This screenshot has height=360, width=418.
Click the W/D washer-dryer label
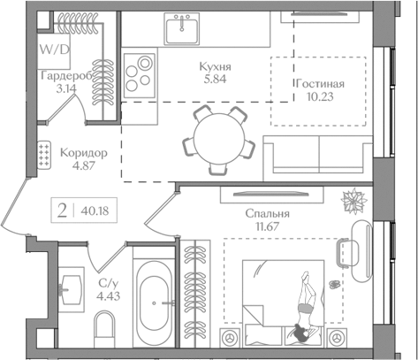click(55, 50)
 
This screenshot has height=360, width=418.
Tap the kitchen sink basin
click(182, 28)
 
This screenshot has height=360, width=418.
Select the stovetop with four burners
click(140, 75)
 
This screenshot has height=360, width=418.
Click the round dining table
click(219, 138)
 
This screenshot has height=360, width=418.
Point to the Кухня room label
click(216, 66)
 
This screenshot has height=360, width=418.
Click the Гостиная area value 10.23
click(320, 96)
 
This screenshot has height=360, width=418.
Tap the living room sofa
click(318, 158)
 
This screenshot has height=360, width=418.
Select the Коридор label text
click(84, 153)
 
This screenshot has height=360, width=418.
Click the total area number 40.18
click(95, 211)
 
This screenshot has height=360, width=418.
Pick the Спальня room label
click(268, 213)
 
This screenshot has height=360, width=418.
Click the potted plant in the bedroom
click(354, 202)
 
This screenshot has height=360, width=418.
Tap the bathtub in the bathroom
click(155, 300)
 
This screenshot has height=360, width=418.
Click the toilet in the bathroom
click(103, 328)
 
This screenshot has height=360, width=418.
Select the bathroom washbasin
click(71, 289)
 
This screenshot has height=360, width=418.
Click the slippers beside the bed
click(334, 284)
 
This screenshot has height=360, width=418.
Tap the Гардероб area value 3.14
click(66, 88)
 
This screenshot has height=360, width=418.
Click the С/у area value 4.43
click(109, 295)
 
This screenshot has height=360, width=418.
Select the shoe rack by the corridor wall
click(44, 156)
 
